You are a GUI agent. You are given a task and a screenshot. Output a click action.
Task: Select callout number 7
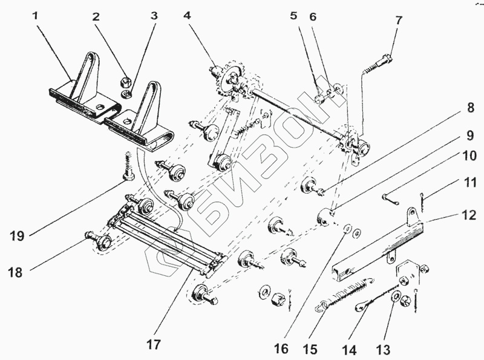tap(397, 20)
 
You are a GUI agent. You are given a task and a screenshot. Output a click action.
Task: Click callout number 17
tap(154, 345)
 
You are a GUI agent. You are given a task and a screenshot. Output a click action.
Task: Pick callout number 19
tap(17, 235)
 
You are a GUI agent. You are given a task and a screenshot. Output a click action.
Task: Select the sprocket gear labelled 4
tap(228, 82)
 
